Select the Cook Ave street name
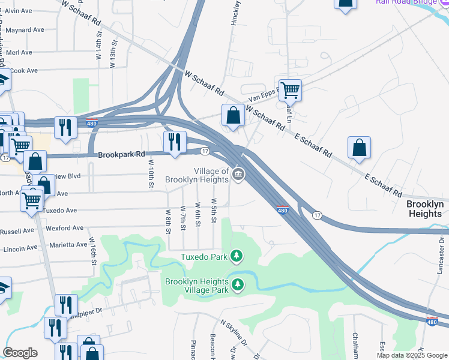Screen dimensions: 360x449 point(24,71)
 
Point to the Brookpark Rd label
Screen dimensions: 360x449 point(122,154)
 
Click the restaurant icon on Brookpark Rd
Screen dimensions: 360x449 point(175,142)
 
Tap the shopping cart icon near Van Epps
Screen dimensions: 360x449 point(290,90)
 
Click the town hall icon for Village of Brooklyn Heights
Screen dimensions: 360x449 point(238,175)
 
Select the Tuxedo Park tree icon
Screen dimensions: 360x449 point(237,257)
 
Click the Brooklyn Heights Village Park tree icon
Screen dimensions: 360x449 point(238,284)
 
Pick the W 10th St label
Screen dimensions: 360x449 point(151,173)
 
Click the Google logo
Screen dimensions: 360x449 point(20,353)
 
